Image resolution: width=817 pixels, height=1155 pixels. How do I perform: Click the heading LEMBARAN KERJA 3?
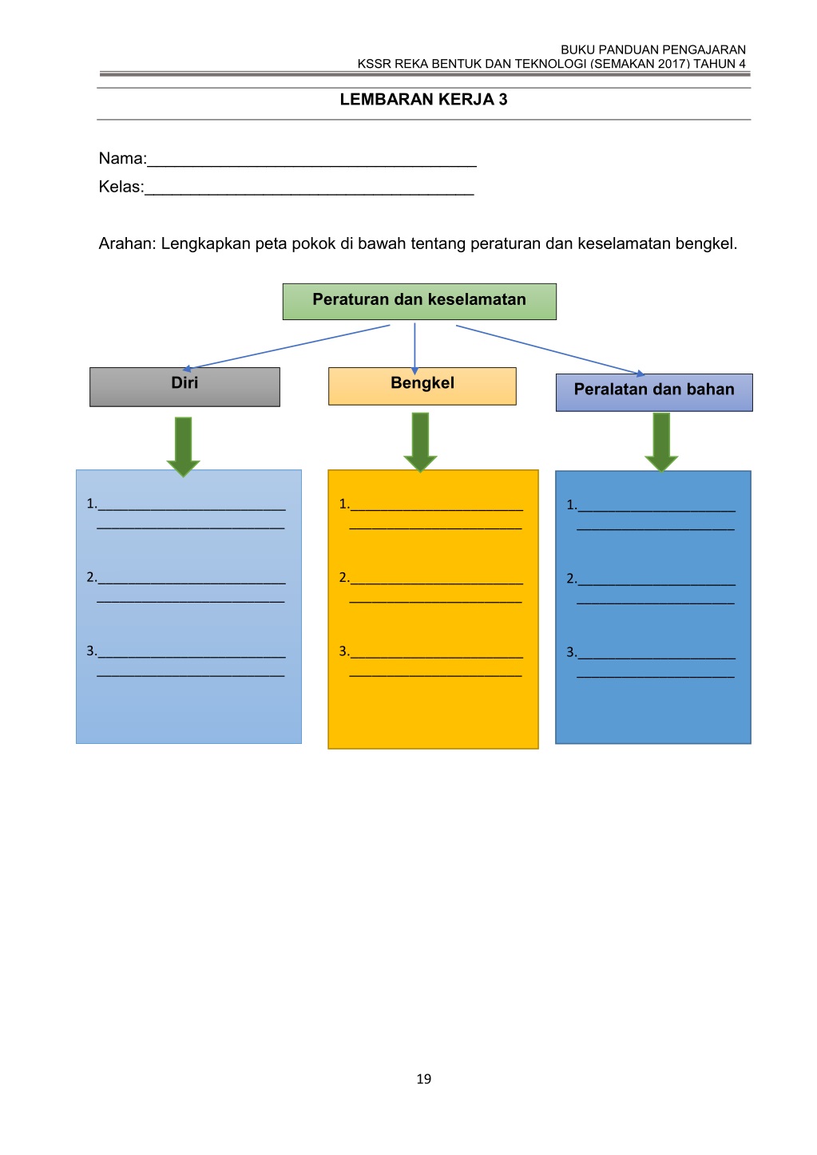(423, 100)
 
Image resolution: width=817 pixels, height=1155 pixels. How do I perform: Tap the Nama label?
(122, 158)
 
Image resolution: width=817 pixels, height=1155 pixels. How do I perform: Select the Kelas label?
(121, 187)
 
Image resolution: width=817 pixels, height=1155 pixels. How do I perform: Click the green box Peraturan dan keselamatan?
(419, 302)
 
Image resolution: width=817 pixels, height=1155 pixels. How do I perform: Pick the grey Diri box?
(184, 386)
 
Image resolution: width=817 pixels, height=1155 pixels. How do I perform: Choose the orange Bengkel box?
(422, 386)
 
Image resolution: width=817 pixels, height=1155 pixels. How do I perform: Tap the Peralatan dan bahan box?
(654, 393)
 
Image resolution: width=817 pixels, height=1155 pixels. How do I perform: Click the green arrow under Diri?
(183, 446)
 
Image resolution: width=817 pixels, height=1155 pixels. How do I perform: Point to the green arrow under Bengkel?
(420, 442)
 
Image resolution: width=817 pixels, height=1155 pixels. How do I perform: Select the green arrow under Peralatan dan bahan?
(661, 442)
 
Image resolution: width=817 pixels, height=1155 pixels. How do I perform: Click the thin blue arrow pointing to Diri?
(286, 347)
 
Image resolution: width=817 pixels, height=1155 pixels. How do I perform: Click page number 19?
(423, 1078)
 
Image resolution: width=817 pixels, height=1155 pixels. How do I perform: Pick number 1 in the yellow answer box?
(343, 504)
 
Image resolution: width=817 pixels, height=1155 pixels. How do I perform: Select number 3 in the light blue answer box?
(91, 651)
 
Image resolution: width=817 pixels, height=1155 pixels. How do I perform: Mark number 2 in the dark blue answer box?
(572, 579)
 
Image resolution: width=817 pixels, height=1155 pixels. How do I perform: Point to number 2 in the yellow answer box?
(343, 578)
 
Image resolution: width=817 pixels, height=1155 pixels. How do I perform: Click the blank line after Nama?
(311, 165)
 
